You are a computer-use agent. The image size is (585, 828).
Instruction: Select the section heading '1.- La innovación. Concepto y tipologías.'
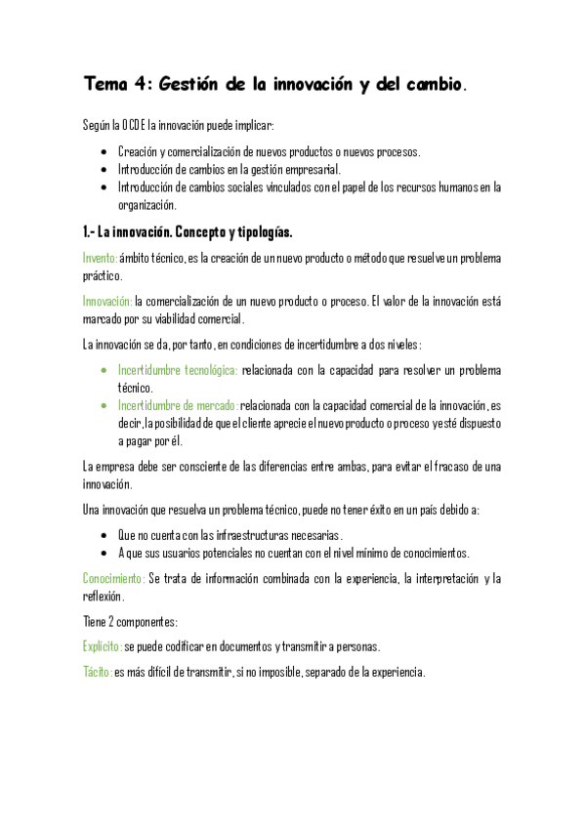point(188,233)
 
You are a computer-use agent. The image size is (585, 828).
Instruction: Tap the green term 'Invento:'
point(100,258)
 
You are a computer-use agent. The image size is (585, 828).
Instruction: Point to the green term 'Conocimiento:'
point(114,578)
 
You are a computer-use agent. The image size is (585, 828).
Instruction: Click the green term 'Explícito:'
point(103,646)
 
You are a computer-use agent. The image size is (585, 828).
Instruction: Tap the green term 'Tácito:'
point(98,673)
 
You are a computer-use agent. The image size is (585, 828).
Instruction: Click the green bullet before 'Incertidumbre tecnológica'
point(104,371)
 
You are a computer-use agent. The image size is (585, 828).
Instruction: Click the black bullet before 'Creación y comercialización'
point(104,152)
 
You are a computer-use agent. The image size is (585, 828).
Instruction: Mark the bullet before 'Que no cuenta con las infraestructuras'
point(104,535)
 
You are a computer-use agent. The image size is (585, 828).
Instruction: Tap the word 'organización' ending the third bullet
point(146,205)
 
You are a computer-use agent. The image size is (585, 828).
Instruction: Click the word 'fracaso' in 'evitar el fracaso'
point(451,467)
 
